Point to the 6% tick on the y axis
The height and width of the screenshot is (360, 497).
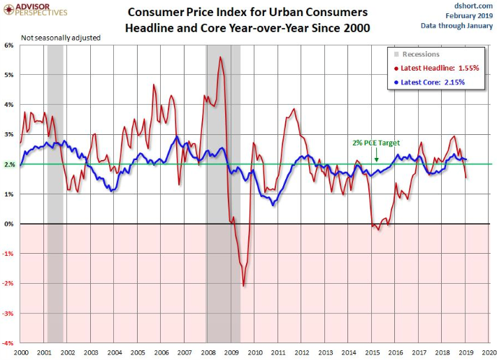tap(9, 45)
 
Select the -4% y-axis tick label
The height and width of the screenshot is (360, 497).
tap(8, 343)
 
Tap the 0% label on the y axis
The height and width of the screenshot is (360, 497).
tap(9, 224)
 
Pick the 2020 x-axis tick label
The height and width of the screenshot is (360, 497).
tap(489, 353)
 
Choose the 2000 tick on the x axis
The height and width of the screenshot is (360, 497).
tap(20, 353)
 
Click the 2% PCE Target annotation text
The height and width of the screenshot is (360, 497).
tap(377, 142)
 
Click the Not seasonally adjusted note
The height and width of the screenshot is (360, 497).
tap(61, 37)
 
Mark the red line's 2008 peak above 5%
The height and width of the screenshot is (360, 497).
tap(221, 57)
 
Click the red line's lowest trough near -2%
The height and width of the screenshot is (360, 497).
tap(243, 285)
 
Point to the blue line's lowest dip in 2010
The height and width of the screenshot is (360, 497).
tap(273, 204)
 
